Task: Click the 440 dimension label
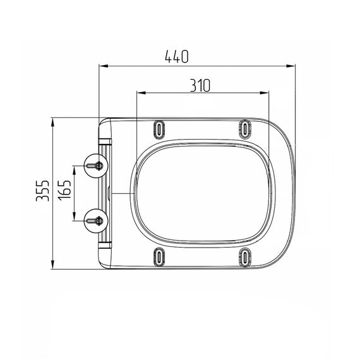click(x=177, y=56)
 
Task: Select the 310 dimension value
click(x=200, y=85)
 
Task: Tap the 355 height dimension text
click(x=43, y=191)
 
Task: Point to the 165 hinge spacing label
click(x=64, y=190)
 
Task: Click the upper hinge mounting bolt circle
click(x=96, y=165)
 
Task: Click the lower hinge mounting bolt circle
click(x=96, y=221)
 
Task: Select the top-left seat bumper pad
click(x=159, y=129)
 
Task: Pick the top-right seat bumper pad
click(x=245, y=129)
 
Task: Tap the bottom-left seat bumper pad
click(x=159, y=256)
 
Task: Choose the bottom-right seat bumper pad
click(x=245, y=257)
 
